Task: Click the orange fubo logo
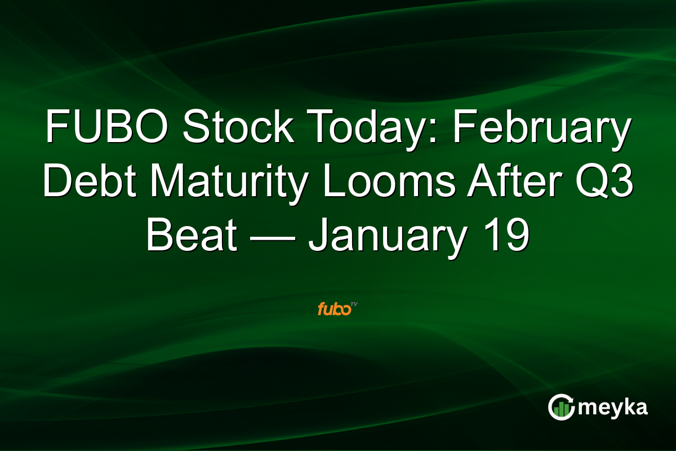pos(333,309)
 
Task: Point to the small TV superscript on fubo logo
pos(354,305)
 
